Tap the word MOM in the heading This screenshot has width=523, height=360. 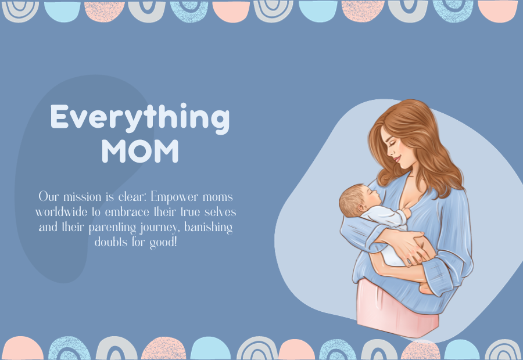[139, 151]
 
